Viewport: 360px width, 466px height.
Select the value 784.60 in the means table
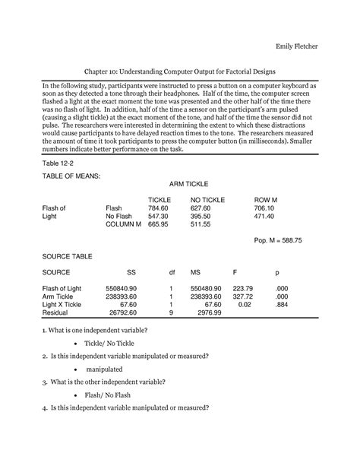pos(158,207)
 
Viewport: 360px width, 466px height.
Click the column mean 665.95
pos(158,225)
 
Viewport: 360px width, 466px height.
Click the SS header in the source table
pos(131,271)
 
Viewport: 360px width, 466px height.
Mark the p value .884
pos(283,304)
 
